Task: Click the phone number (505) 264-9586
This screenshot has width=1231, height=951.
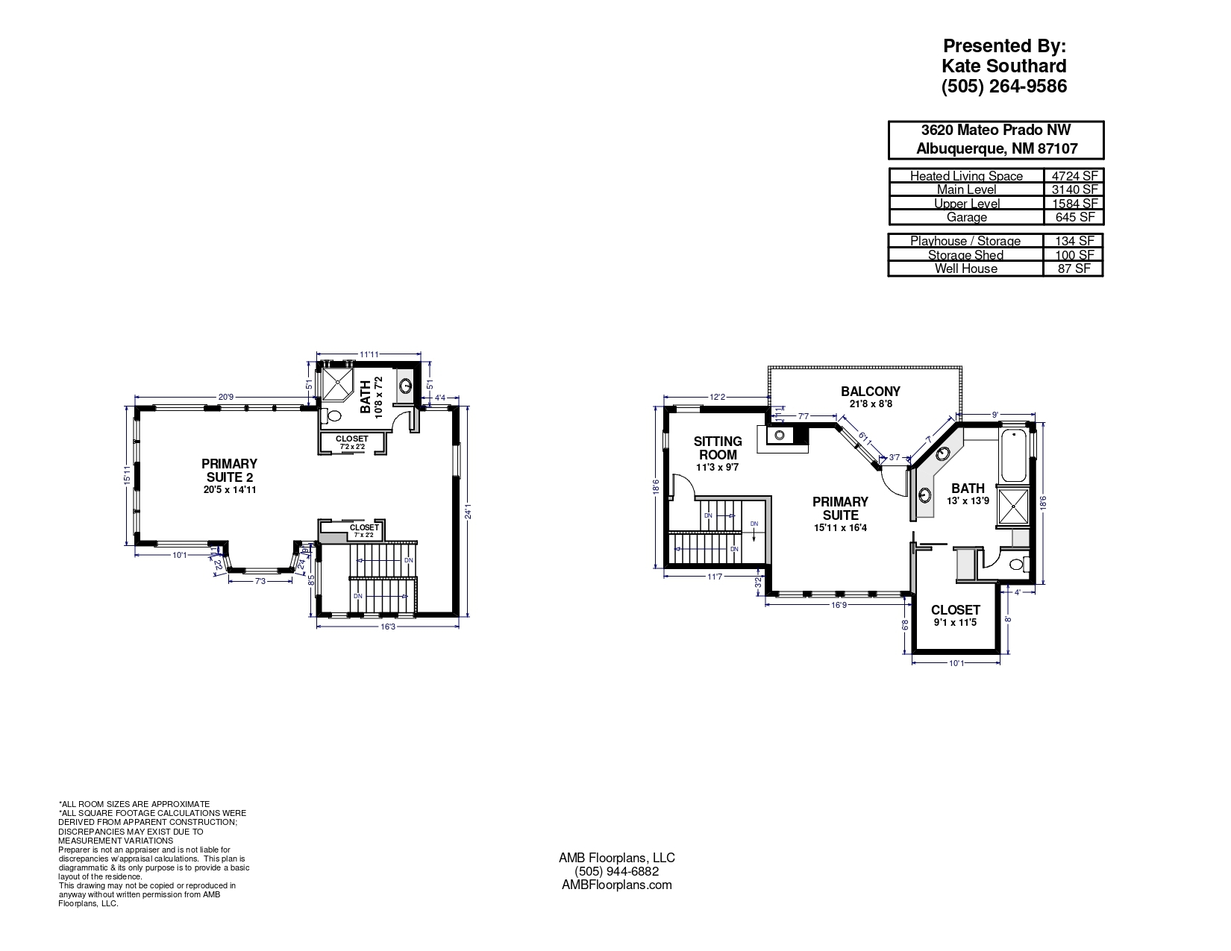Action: click(x=1003, y=87)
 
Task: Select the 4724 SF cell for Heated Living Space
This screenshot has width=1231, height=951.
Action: click(x=1073, y=176)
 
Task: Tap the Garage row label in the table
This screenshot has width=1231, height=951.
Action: click(x=966, y=217)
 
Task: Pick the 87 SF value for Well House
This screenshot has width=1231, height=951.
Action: click(x=1073, y=269)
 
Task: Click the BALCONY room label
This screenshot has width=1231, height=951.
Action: click(x=870, y=392)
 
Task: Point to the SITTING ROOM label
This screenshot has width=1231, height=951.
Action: click(x=718, y=448)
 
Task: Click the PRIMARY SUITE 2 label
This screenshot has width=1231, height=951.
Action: click(x=229, y=471)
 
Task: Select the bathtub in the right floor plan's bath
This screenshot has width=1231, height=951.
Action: click(x=1014, y=455)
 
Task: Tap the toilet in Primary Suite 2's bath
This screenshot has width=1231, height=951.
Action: click(x=333, y=416)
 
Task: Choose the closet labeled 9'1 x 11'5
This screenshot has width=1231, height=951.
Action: click(x=955, y=615)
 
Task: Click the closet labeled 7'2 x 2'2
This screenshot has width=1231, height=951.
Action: click(x=351, y=443)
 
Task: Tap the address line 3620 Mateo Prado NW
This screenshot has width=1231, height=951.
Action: click(x=996, y=131)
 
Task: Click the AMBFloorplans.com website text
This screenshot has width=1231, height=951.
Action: click(x=616, y=885)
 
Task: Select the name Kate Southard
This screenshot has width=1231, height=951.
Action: click(x=1003, y=66)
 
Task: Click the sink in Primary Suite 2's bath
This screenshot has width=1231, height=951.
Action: click(x=405, y=386)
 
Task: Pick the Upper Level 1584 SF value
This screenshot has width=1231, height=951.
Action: click(x=1073, y=204)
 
